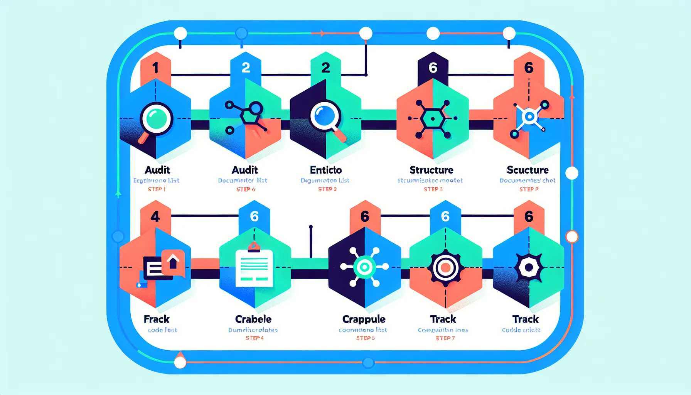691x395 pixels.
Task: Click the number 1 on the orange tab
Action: pyautogui.click(x=155, y=68)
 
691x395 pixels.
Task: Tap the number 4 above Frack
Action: pyautogui.click(x=155, y=217)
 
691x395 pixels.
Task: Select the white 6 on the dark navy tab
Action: pyautogui.click(x=433, y=68)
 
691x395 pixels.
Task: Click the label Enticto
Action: pyautogui.click(x=326, y=170)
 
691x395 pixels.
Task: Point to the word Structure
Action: pyautogui.click(x=431, y=170)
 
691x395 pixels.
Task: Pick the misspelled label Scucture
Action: pyautogui.click(x=528, y=170)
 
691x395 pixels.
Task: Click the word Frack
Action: pyautogui.click(x=157, y=319)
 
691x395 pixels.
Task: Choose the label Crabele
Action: pyautogui.click(x=253, y=319)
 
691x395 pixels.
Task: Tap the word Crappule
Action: pyautogui.click(x=364, y=319)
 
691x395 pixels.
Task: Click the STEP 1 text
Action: pyautogui.click(x=157, y=189)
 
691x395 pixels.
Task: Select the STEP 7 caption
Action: pyautogui.click(x=445, y=338)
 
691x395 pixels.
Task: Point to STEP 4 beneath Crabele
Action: pyautogui.click(x=254, y=338)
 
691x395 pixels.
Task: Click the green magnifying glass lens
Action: pyautogui.click(x=156, y=118)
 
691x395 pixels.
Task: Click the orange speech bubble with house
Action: pyautogui.click(x=173, y=263)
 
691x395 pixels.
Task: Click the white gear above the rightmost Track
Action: pyautogui.click(x=529, y=267)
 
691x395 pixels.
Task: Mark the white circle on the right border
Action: pyautogui.click(x=572, y=173)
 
